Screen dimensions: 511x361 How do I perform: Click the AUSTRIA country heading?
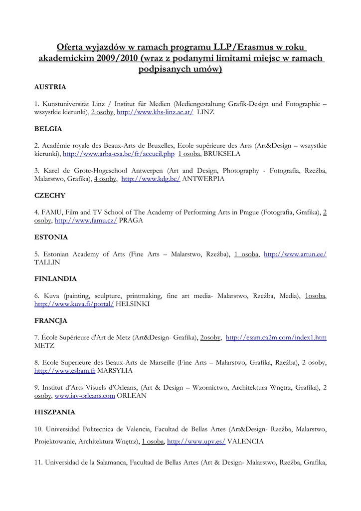[50, 87]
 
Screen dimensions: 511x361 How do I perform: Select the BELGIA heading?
[48, 129]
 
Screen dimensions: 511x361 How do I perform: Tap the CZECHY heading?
[50, 195]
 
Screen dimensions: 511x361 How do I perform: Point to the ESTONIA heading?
[51, 237]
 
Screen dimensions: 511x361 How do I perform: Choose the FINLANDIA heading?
[55, 278]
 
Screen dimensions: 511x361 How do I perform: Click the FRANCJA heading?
[50, 320]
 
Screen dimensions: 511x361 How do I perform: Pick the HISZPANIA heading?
[55, 412]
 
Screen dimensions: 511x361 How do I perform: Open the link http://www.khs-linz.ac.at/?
[155, 112]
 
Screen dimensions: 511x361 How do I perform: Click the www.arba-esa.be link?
[119, 154]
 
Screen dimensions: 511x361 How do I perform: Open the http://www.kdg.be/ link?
[151, 179]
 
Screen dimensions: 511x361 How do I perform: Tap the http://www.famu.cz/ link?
[86, 220]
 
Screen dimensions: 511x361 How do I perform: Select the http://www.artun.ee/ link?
[295, 254]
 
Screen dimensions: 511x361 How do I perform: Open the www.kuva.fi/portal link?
[74, 303]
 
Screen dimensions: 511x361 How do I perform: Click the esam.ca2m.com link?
[276, 337]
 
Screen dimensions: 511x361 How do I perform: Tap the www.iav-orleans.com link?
[85, 396]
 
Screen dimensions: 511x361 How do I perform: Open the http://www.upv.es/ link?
[196, 442]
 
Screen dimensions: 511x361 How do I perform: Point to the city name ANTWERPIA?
[203, 179]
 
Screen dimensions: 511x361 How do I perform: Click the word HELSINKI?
[133, 303]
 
